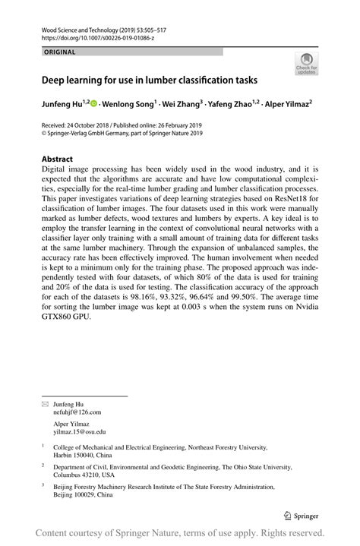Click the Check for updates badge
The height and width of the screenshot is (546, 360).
pos(307,65)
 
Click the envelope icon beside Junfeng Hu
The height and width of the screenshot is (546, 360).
pos(44,405)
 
